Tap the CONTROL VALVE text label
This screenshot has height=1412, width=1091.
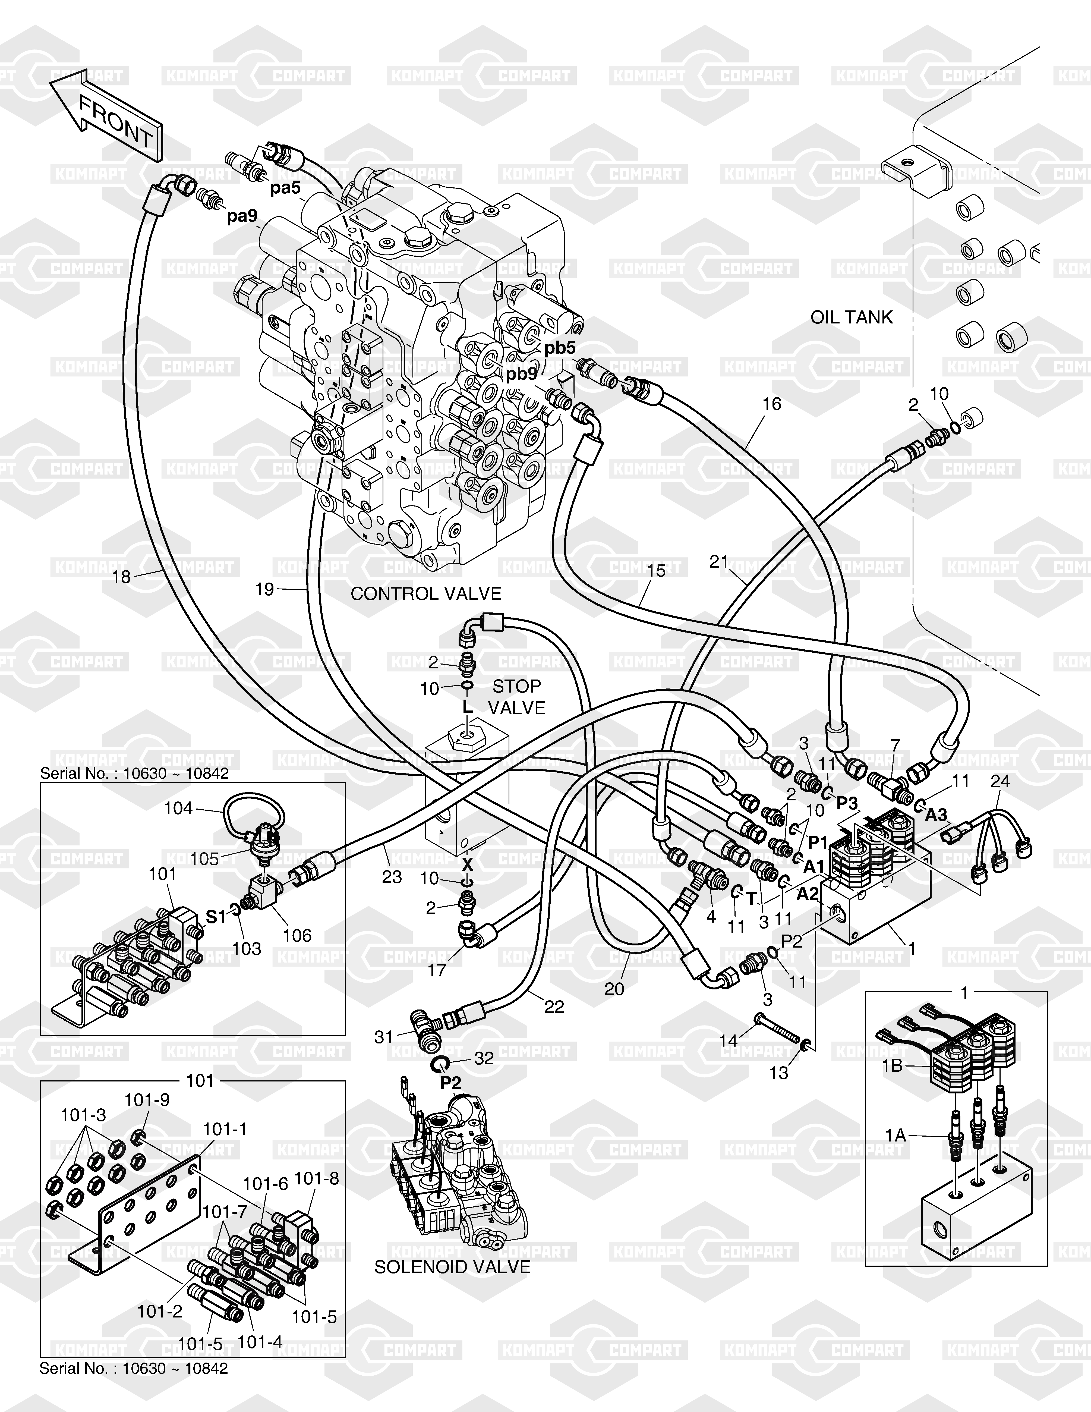pos(426,593)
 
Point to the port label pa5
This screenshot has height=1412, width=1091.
pos(286,188)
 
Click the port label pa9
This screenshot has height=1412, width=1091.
pos(242,216)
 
